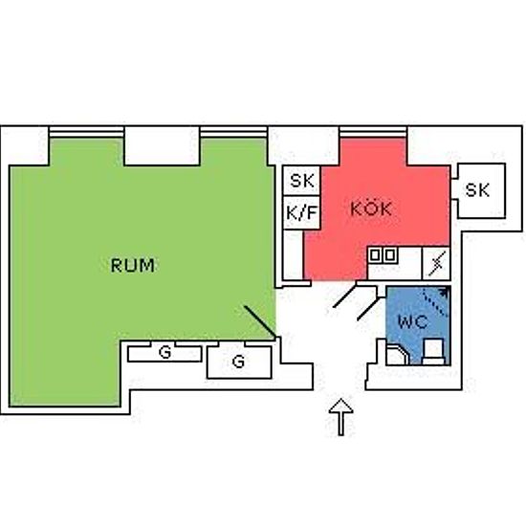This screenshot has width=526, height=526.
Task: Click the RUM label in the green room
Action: point(133,265)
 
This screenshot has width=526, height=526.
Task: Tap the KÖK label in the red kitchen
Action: point(371,208)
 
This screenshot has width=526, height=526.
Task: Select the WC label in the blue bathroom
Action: point(412,321)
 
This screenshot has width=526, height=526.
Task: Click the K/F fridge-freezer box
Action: point(301,212)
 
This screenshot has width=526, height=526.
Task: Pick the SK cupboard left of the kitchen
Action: point(301,181)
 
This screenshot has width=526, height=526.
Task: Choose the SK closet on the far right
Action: point(478,190)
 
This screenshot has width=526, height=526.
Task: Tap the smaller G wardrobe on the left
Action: point(164,352)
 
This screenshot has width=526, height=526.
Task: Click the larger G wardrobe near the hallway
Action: point(239,361)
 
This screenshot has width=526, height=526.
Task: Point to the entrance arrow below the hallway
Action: point(340,417)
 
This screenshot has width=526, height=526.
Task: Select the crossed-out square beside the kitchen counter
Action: point(436,264)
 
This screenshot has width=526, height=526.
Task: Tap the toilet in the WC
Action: point(433,351)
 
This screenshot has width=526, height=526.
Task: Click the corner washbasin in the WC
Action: point(398,354)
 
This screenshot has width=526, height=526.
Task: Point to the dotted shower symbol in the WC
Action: point(436,301)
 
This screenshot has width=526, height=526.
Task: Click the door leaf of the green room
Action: point(260,321)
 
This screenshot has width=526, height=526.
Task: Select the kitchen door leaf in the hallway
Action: point(345,296)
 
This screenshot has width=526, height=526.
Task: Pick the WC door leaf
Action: point(369,309)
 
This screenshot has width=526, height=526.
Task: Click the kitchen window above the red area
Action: point(373,133)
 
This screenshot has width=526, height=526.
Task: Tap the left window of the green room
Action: point(86,133)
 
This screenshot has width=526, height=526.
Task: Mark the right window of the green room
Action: point(233,133)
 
